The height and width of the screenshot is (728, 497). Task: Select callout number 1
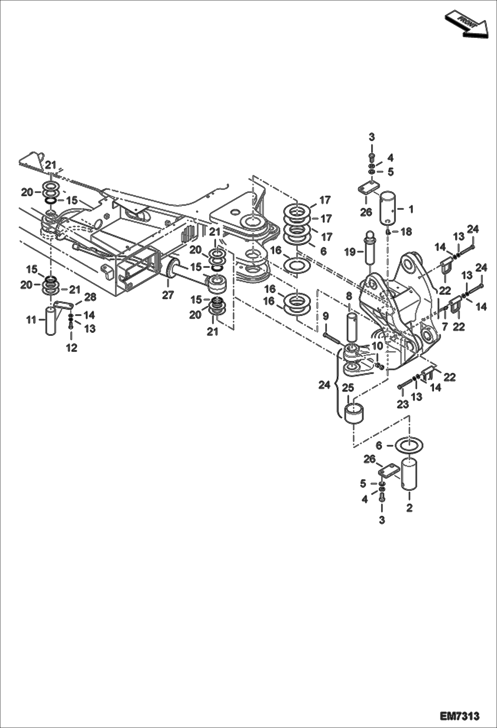pos(411,209)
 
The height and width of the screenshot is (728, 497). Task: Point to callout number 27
pos(168,294)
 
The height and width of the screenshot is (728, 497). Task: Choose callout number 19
pos(349,252)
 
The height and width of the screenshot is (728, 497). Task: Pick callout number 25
pos(348,387)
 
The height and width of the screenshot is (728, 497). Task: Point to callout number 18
pos(406,232)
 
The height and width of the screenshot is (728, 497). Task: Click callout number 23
pos(402,404)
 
